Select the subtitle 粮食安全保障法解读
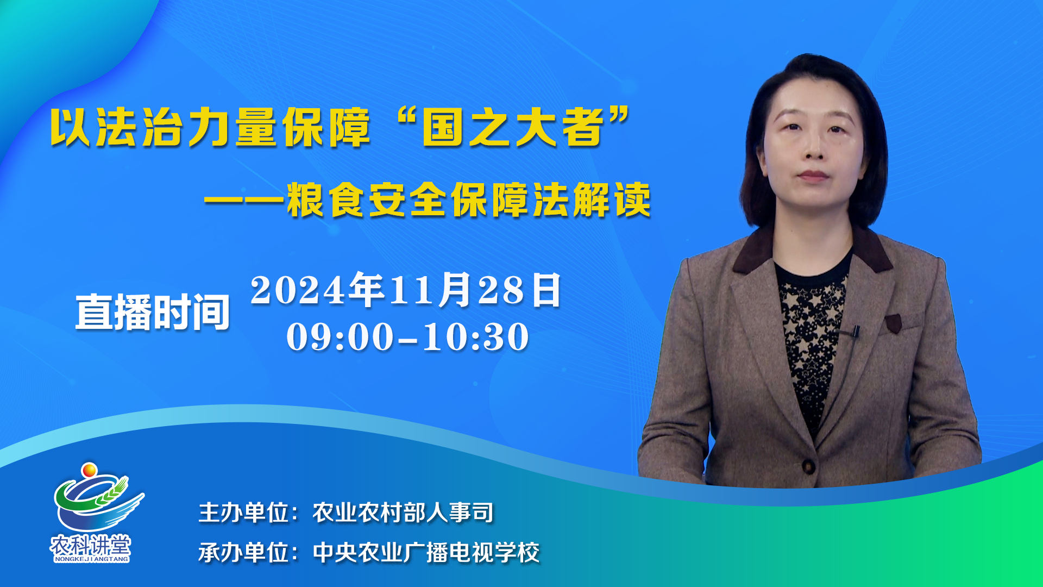click(x=469, y=200)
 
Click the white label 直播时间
click(x=153, y=312)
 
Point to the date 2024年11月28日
click(x=406, y=290)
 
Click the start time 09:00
click(x=340, y=337)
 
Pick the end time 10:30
click(x=476, y=337)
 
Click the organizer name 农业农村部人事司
click(x=403, y=513)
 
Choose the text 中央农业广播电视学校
click(x=426, y=553)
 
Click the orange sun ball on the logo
click(x=89, y=470)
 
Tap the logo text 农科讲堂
click(x=91, y=545)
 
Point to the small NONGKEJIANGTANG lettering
click(x=91, y=559)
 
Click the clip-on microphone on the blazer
click(x=855, y=331)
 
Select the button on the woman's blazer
click(x=809, y=466)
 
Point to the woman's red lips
click(x=813, y=176)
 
